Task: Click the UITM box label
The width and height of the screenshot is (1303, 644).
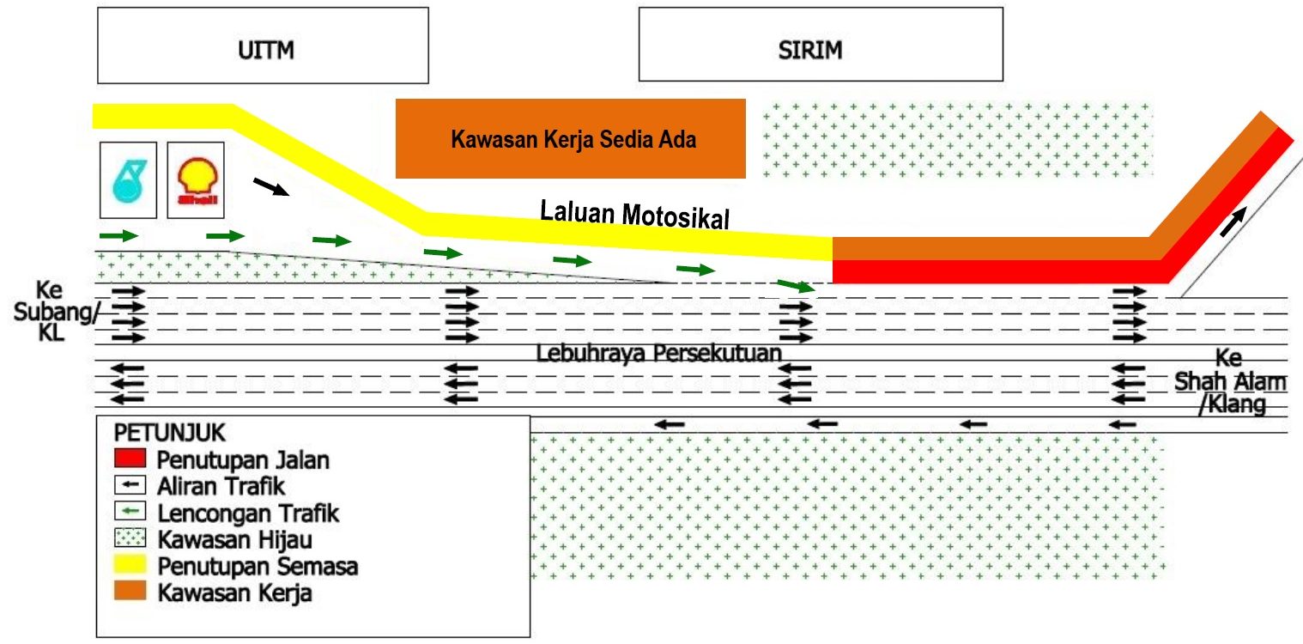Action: [x=266, y=51]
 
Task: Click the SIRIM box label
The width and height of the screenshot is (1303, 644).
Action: [x=810, y=51]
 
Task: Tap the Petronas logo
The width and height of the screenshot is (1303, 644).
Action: [x=129, y=180]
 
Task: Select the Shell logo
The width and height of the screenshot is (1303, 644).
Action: [x=196, y=180]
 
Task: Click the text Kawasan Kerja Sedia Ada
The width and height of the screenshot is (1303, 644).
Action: [x=573, y=140]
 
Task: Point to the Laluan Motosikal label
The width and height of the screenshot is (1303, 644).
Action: [x=634, y=215]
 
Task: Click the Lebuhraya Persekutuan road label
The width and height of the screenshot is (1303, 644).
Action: [x=658, y=353]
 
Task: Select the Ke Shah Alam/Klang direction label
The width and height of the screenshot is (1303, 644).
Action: [x=1231, y=381]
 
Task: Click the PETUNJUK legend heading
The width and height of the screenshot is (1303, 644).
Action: [x=170, y=433]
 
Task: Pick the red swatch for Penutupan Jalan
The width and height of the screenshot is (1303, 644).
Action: [x=130, y=458]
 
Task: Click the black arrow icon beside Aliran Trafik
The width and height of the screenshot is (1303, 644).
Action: [x=130, y=484]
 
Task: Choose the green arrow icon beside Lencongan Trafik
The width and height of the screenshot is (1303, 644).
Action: [x=130, y=512]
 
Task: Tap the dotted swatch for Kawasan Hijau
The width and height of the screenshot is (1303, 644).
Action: [x=130, y=538]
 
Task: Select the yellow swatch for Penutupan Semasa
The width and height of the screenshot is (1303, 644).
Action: [x=130, y=564]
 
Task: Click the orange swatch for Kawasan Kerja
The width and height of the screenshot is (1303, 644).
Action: [x=130, y=591]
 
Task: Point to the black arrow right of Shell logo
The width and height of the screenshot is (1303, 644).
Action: [x=271, y=186]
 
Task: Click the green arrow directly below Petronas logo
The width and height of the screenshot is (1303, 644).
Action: [x=118, y=235]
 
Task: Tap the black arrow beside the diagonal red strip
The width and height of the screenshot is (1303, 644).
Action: [x=1233, y=222]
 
